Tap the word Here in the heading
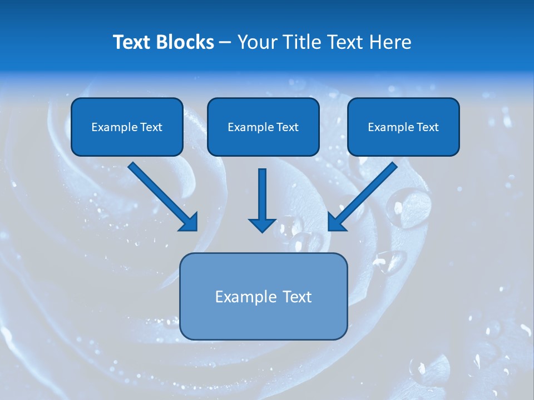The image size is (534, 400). point(389,42)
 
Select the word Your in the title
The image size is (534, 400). point(258,42)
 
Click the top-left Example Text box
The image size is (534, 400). point(127,127)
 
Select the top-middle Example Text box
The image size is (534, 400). point(263,127)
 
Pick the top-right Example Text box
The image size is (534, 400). point(403,127)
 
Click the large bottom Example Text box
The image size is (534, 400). point(263,296)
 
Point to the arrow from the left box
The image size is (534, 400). point(159,192)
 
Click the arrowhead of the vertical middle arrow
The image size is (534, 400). point(262,224)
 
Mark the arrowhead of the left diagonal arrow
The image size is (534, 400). point(189,222)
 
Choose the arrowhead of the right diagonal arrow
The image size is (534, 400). point(336,222)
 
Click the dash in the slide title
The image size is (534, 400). point(225,42)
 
